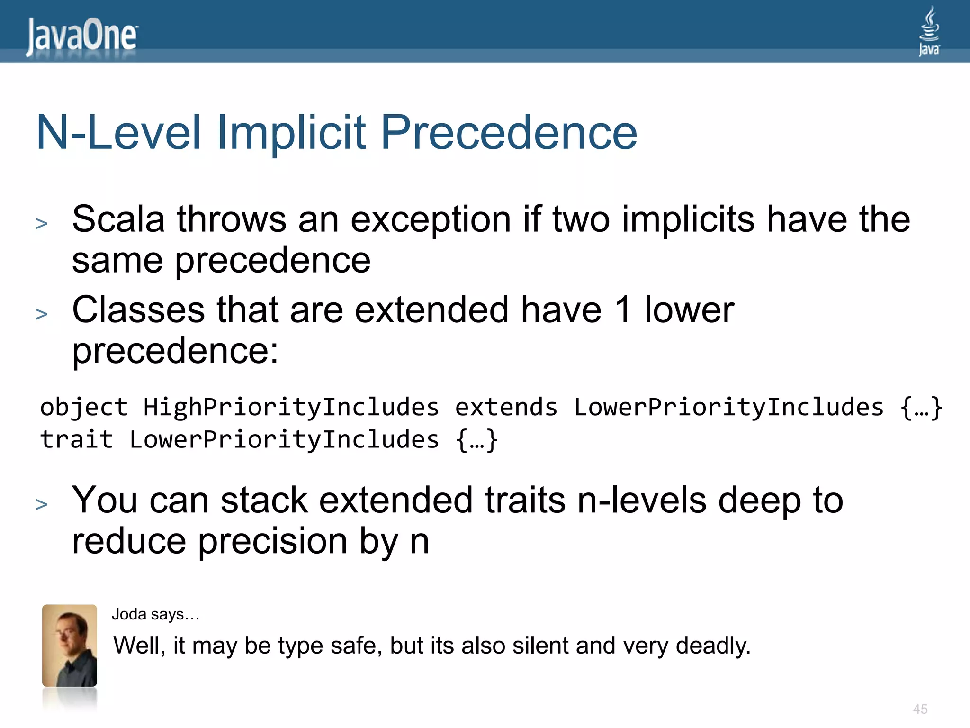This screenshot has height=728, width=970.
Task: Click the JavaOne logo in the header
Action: (x=81, y=36)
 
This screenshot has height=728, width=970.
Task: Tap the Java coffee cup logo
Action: (x=929, y=31)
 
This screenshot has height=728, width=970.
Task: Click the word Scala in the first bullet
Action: (x=118, y=219)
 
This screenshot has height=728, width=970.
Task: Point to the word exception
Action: (x=431, y=220)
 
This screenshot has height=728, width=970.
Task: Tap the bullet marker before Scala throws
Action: (x=42, y=223)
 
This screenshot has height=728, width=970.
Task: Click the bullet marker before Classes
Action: (x=42, y=314)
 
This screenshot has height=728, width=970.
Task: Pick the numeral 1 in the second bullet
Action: (x=623, y=310)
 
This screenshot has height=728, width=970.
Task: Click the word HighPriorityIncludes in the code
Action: (x=291, y=407)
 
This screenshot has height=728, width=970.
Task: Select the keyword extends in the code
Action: (x=506, y=407)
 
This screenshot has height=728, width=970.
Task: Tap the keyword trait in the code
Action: (x=76, y=439)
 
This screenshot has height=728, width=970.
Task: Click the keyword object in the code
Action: (x=84, y=407)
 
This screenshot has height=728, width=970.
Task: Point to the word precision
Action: (x=272, y=542)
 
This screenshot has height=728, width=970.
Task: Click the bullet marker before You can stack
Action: (x=42, y=504)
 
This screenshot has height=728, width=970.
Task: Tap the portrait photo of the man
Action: (x=70, y=646)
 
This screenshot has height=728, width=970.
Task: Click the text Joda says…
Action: (x=155, y=615)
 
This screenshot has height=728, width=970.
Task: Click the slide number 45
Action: (x=920, y=709)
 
